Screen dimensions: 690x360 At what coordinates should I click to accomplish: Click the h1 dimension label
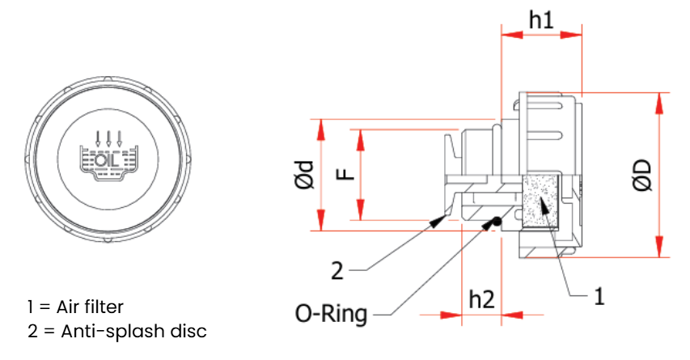tap(541, 19)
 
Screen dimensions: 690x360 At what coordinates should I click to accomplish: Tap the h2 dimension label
tap(482, 299)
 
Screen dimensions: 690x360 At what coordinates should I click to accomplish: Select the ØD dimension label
tap(643, 175)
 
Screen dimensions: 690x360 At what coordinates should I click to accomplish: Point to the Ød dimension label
tap(305, 174)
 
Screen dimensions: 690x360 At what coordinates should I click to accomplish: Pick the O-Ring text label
tap(331, 314)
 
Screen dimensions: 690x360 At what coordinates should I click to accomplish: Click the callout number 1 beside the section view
tap(599, 296)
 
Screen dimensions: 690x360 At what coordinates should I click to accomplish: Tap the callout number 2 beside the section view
tap(337, 271)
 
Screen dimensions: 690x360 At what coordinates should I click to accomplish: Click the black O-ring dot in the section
tap(496, 222)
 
